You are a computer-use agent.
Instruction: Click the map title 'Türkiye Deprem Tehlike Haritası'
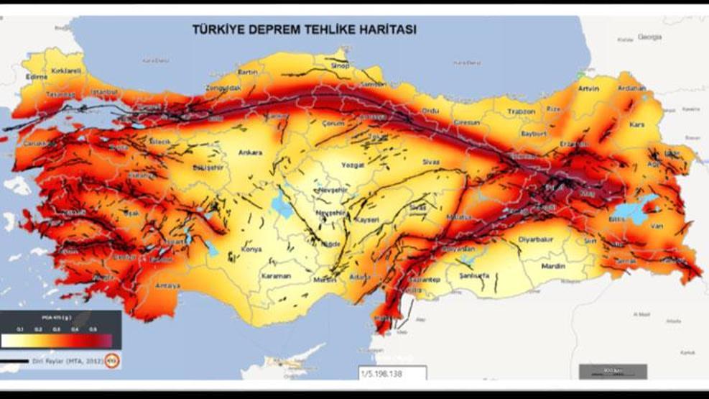(303, 30)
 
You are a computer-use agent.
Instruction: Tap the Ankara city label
(251, 152)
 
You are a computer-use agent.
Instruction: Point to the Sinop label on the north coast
(339, 66)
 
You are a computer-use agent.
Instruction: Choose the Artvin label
(588, 89)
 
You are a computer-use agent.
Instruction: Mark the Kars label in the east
(636, 124)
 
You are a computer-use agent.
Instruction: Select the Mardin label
(553, 266)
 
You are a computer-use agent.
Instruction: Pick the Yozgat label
(353, 165)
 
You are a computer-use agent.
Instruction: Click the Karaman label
(275, 276)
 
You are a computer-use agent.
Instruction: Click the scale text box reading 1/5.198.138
(392, 374)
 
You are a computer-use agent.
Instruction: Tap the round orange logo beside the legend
(112, 361)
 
